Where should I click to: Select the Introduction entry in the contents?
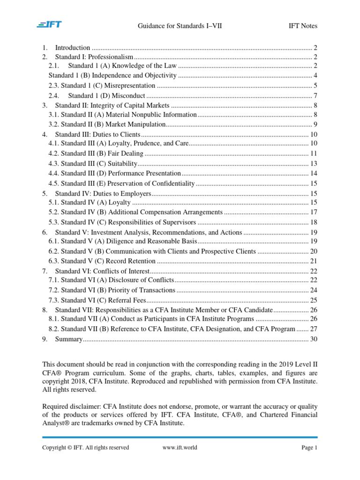click(x=72, y=47)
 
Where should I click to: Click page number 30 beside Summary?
click(x=314, y=339)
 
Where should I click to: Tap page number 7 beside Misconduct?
click(x=315, y=96)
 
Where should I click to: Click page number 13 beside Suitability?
click(x=314, y=163)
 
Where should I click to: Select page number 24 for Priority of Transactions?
click(x=314, y=290)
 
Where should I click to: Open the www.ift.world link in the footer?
click(x=180, y=447)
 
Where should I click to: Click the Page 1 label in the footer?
click(x=309, y=447)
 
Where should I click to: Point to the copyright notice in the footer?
click(x=85, y=447)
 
